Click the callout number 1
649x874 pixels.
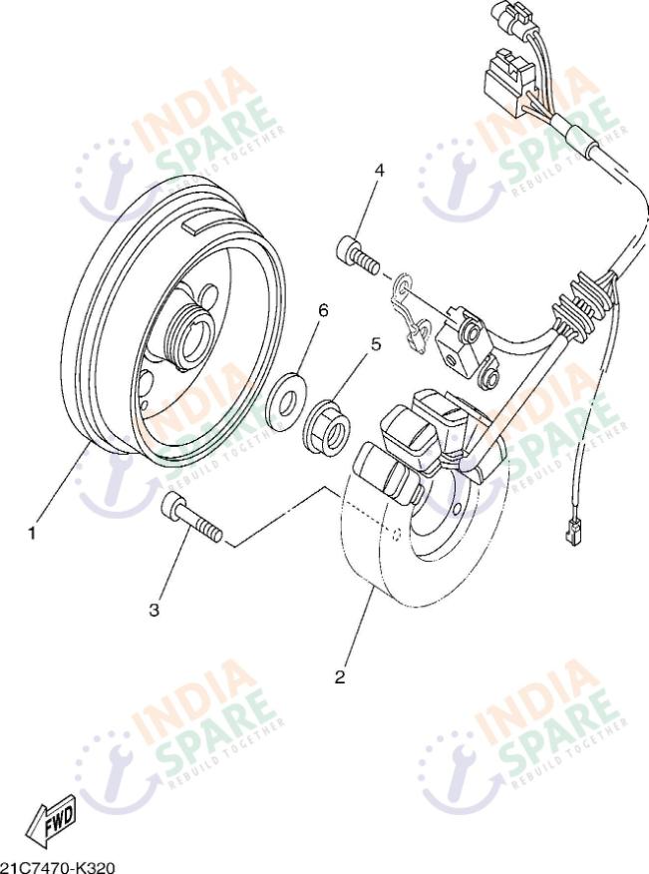(x=32, y=534)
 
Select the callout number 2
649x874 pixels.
(x=340, y=677)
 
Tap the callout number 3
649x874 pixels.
(x=155, y=610)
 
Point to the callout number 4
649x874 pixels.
(x=380, y=170)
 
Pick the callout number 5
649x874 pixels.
(x=376, y=344)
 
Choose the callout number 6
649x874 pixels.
(x=323, y=310)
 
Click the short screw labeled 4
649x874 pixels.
(x=358, y=253)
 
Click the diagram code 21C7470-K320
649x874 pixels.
(x=58, y=868)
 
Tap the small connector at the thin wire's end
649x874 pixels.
(x=570, y=536)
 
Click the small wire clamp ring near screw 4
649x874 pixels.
(x=403, y=287)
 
